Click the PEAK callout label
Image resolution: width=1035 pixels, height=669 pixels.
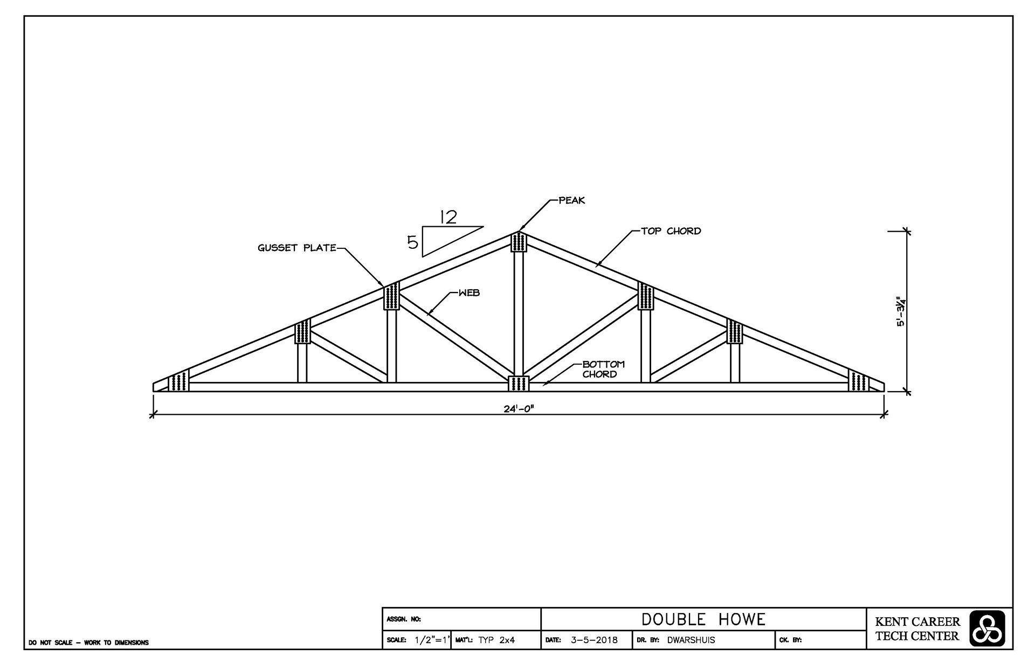click(571, 200)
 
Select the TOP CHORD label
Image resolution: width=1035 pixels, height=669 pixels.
click(671, 231)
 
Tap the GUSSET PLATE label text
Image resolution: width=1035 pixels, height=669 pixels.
click(297, 248)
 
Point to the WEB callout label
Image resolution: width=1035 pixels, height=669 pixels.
click(468, 293)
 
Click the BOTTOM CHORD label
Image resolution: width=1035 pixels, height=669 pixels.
click(603, 369)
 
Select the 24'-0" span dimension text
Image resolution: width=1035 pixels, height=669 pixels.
click(519, 408)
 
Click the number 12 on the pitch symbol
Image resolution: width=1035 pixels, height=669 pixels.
click(448, 217)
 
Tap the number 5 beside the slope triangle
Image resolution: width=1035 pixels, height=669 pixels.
click(412, 243)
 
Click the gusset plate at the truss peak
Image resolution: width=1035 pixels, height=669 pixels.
click(519, 242)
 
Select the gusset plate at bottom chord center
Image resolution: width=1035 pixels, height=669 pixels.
click(519, 384)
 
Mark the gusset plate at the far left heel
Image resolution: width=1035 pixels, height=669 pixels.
click(178, 382)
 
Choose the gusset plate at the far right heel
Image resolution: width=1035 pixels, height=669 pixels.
click(858, 382)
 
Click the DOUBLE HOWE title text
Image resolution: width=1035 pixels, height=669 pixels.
click(703, 619)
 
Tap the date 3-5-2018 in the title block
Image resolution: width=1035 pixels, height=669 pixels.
click(594, 640)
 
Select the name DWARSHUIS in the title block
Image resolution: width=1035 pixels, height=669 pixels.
click(691, 640)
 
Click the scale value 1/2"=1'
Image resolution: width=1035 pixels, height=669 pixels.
click(431, 640)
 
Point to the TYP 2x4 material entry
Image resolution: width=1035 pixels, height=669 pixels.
click(496, 640)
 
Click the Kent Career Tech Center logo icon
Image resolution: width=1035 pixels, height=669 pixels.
click(987, 629)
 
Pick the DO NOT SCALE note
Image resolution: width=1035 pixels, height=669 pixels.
click(89, 643)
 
